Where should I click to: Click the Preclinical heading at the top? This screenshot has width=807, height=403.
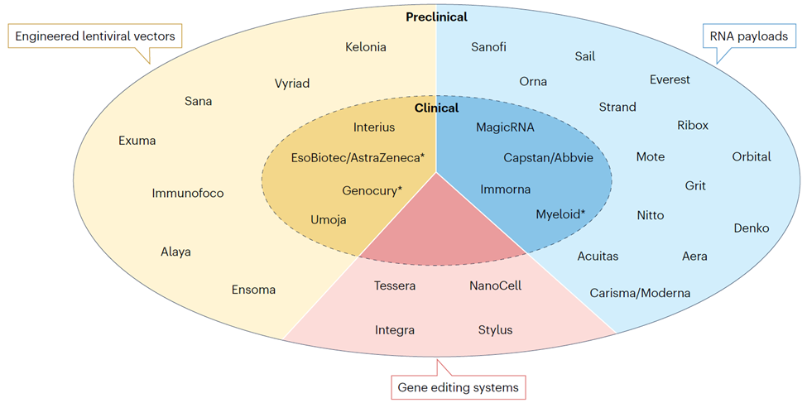[437, 17]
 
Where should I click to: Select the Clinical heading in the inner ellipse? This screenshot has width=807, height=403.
[436, 108]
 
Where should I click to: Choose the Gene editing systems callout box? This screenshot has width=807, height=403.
[458, 386]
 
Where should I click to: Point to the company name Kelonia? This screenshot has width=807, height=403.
[366, 47]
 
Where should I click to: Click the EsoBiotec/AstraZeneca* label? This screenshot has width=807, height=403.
[358, 156]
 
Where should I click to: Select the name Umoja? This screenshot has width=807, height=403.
[329, 219]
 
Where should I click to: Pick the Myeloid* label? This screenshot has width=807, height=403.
[560, 213]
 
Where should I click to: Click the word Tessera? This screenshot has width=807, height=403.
[395, 285]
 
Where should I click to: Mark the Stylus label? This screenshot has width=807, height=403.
[495, 329]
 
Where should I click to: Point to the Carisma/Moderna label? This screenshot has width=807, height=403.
[640, 292]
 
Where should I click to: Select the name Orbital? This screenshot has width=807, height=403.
[751, 156]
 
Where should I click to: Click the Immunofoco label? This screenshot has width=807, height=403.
[188, 194]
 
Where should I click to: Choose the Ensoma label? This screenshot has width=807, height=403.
[253, 290]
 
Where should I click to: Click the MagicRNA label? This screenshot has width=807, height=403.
[505, 127]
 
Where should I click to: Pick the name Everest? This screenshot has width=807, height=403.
[670, 79]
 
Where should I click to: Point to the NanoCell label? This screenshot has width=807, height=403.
[495, 285]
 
